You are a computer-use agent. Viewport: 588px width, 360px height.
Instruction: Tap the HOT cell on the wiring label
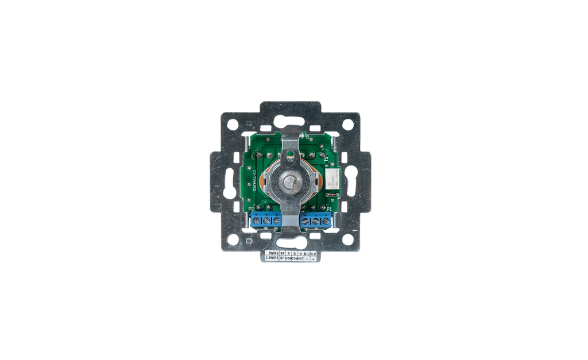point(300,258)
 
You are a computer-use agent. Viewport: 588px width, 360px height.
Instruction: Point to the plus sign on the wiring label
point(313,259)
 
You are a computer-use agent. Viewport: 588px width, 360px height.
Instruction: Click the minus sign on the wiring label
point(307,259)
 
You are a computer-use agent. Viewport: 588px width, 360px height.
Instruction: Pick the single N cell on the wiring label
point(300,253)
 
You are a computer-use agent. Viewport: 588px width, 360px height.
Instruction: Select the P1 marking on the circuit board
point(329,210)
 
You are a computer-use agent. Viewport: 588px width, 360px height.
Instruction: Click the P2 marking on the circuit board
point(252,210)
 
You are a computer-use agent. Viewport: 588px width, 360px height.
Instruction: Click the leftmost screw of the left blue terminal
point(256,220)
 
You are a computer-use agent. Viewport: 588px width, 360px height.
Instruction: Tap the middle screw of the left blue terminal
point(266,220)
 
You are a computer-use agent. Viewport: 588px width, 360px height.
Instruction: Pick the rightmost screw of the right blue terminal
point(326,220)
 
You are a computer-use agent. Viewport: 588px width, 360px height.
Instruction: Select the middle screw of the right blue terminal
point(315,220)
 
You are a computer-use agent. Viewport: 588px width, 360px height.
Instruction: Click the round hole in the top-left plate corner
point(232,124)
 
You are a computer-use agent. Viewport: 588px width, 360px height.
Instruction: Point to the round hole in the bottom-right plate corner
point(348,239)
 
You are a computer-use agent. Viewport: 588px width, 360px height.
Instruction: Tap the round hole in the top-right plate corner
point(348,124)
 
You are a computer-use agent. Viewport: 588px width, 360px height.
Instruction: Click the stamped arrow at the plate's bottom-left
point(248,241)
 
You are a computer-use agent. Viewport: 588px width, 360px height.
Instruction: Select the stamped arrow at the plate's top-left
point(248,122)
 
